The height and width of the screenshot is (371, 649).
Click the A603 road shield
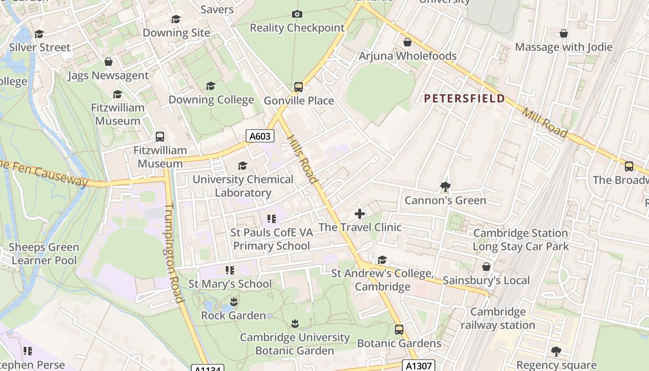tap(260, 136)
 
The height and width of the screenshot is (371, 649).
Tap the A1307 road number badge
tap(418, 365)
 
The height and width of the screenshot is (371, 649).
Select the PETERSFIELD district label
tap(464, 98)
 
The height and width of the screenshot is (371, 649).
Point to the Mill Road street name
tap(544, 122)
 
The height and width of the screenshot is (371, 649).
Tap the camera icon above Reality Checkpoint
tap(297, 14)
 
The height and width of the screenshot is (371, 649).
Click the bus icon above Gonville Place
tap(299, 87)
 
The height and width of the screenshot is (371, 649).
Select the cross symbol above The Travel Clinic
tap(360, 214)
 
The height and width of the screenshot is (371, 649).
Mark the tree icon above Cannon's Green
tap(445, 187)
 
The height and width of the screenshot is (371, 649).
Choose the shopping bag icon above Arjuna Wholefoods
tap(407, 42)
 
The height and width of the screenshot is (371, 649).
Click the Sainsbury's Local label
tap(486, 280)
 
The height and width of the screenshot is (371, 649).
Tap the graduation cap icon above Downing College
tap(211, 86)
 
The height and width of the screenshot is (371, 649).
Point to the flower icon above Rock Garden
tap(234, 302)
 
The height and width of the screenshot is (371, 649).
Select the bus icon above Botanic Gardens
tap(399, 330)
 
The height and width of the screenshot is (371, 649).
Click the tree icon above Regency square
tap(556, 352)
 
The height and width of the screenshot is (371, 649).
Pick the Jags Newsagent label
tap(108, 75)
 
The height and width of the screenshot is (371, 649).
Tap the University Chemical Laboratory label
tap(243, 186)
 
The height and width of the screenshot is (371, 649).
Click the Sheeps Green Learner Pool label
tap(44, 254)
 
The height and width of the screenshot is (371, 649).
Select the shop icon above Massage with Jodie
tap(564, 33)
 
